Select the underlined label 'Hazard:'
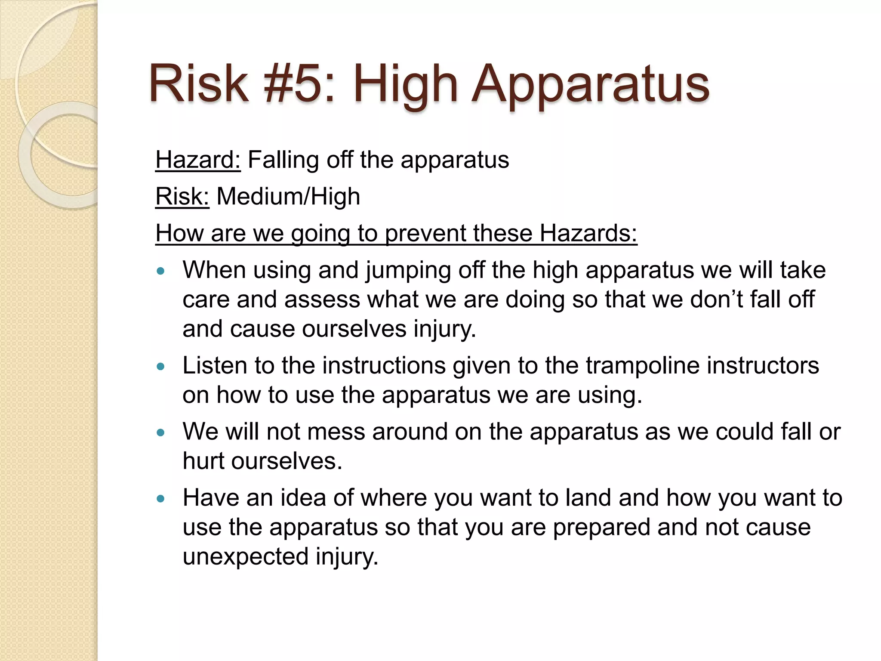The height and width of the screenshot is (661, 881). (x=198, y=160)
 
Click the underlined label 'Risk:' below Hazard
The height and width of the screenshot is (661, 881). (x=182, y=197)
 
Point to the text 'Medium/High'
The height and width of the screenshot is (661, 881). (x=288, y=197)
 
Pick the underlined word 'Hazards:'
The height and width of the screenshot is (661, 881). (x=588, y=233)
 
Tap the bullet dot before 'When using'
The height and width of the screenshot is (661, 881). (x=161, y=271)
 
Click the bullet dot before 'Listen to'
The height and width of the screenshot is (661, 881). (x=161, y=367)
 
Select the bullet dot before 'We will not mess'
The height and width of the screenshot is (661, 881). (x=161, y=432)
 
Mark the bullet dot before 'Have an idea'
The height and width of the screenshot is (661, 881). (x=161, y=499)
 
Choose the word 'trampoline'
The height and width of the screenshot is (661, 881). (x=642, y=366)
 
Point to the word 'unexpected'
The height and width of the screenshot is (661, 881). (x=245, y=556)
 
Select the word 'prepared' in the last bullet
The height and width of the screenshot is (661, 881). (x=601, y=527)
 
